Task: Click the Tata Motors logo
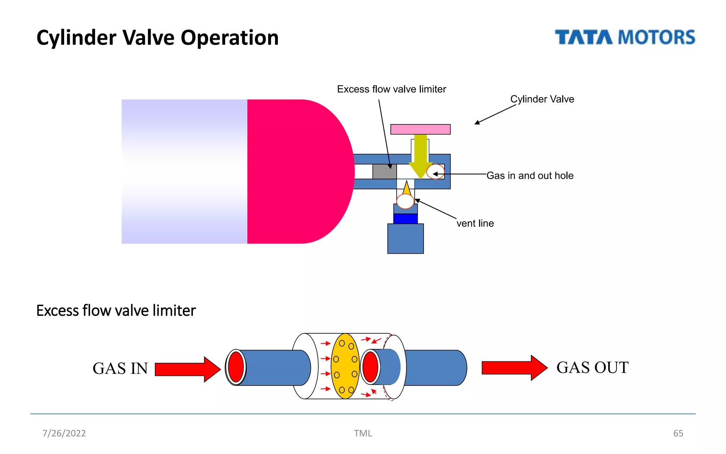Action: click(625, 37)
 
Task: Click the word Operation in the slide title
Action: click(230, 38)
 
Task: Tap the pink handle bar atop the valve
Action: click(420, 129)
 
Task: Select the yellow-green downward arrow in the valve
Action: click(420, 156)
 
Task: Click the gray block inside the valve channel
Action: click(384, 172)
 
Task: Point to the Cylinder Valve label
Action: click(542, 99)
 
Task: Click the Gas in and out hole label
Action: click(530, 176)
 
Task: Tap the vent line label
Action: click(475, 223)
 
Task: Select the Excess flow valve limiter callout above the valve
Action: click(391, 89)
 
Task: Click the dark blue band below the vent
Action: click(405, 218)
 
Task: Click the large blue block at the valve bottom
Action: click(405, 238)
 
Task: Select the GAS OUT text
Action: click(592, 367)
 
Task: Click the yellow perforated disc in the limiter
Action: click(345, 366)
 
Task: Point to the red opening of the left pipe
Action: click(236, 367)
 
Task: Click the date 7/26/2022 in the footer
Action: click(64, 433)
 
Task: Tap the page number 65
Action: click(678, 433)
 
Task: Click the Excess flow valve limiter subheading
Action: click(116, 310)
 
